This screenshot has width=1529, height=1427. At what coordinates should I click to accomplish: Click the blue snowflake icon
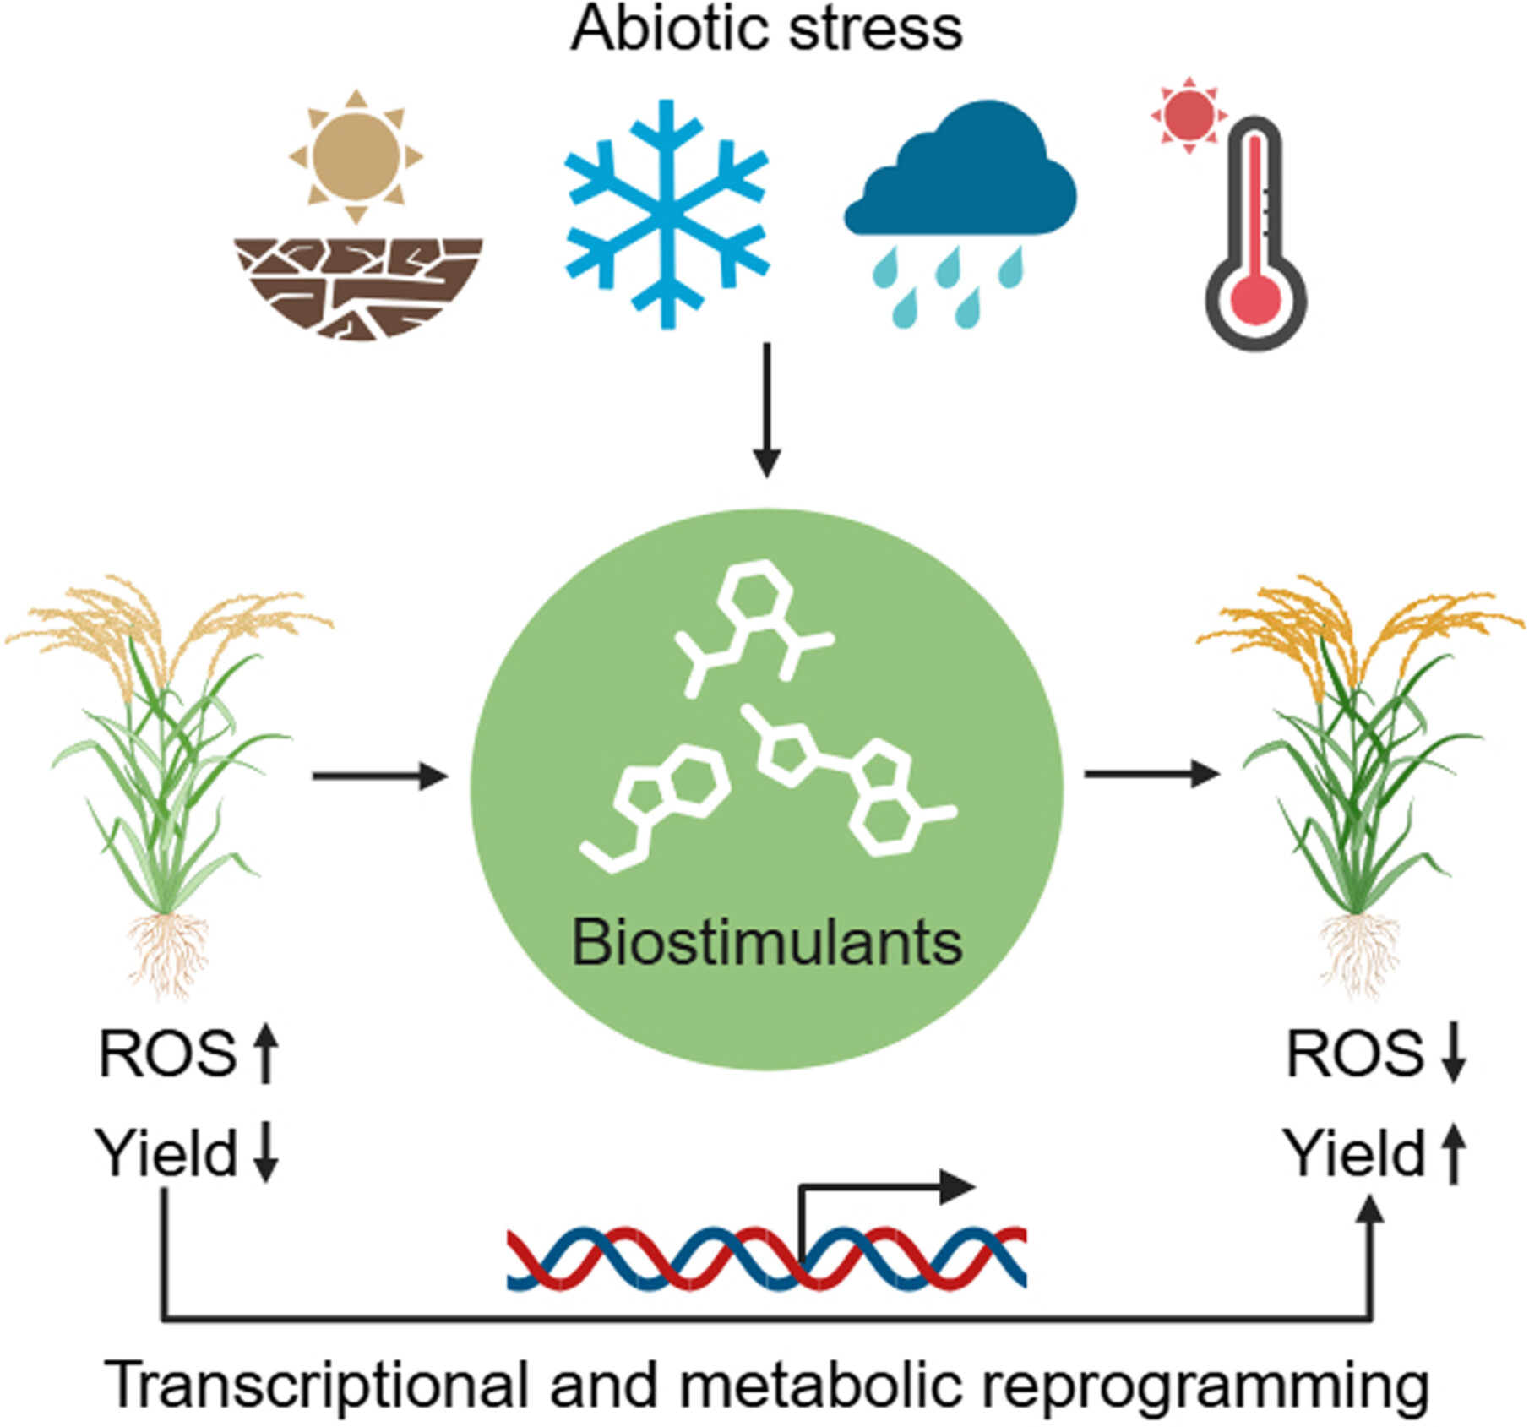pyautogui.click(x=667, y=214)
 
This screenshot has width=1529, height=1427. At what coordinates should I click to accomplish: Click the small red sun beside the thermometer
pyautogui.click(x=1189, y=115)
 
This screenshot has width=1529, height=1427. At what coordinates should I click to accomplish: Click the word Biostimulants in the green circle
pyautogui.click(x=766, y=942)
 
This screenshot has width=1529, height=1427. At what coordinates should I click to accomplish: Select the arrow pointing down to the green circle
pyautogui.click(x=766, y=410)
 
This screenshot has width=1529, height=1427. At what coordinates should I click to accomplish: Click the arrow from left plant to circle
pyautogui.click(x=379, y=775)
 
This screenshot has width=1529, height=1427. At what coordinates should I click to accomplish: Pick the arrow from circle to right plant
pyautogui.click(x=1151, y=773)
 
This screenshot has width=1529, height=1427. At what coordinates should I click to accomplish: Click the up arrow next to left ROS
pyautogui.click(x=266, y=1053)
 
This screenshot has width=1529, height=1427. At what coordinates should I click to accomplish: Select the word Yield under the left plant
pyautogui.click(x=166, y=1152)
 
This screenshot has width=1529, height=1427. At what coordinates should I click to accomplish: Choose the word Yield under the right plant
pyautogui.click(x=1354, y=1152)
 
